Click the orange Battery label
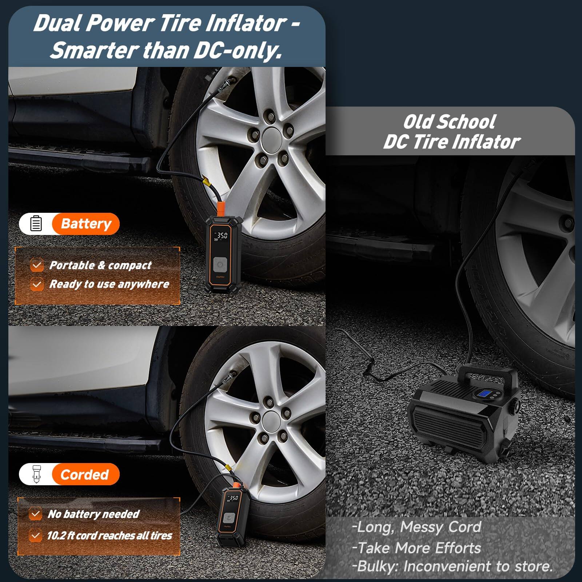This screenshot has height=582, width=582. [x=86, y=224]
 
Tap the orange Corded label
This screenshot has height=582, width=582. [x=85, y=474]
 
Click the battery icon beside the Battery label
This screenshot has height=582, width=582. [x=36, y=223]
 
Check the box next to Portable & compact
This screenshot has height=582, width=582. [x=36, y=265]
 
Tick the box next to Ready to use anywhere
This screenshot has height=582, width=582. [x=36, y=284]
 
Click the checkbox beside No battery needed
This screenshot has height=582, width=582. [x=35, y=514]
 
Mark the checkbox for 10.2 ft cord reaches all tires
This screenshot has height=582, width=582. [x=35, y=535]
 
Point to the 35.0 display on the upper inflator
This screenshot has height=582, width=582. [x=222, y=236]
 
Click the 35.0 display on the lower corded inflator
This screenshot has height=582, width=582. [x=232, y=498]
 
